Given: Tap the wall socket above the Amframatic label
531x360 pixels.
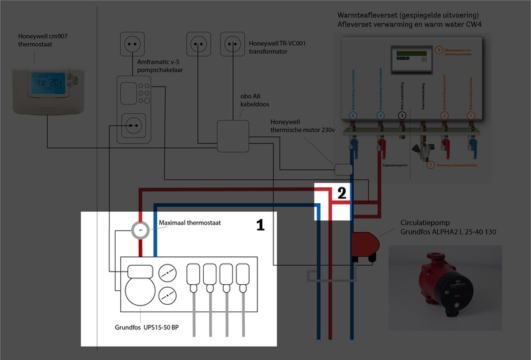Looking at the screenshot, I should [131, 45].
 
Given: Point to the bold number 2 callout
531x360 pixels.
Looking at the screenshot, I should [341, 193].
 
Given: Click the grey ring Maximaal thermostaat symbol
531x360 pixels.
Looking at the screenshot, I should [140, 230].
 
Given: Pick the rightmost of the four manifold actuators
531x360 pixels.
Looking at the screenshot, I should [244, 276].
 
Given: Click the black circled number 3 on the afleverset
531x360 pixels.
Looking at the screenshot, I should [402, 115].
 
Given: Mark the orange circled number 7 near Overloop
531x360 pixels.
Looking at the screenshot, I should [431, 164].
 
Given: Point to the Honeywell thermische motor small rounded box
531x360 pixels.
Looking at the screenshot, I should [343, 169].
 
